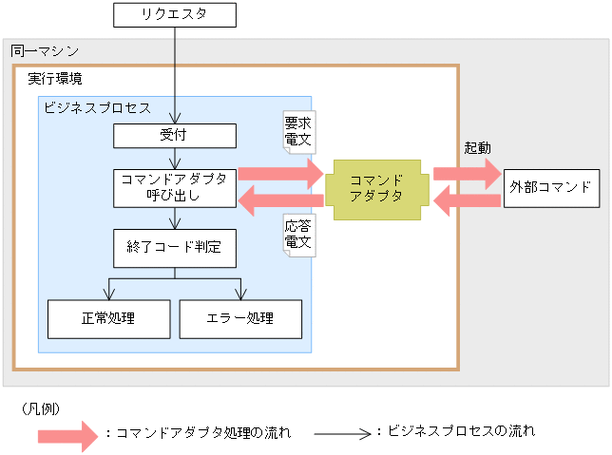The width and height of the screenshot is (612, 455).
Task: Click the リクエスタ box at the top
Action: [175, 14]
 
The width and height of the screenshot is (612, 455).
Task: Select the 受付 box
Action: [175, 136]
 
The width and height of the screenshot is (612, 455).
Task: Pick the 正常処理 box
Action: [108, 318]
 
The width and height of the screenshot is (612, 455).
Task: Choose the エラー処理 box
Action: [240, 318]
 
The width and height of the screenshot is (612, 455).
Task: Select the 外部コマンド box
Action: [552, 187]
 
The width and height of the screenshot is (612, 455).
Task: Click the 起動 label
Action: [477, 148]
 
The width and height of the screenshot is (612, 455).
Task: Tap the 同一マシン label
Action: [45, 51]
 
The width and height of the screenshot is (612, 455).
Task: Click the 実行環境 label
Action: [55, 78]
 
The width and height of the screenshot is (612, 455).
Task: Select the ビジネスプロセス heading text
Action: [97, 107]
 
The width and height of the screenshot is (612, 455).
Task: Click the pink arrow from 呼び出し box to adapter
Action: [280, 174]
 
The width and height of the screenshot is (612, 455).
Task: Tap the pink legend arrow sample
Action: [67, 434]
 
